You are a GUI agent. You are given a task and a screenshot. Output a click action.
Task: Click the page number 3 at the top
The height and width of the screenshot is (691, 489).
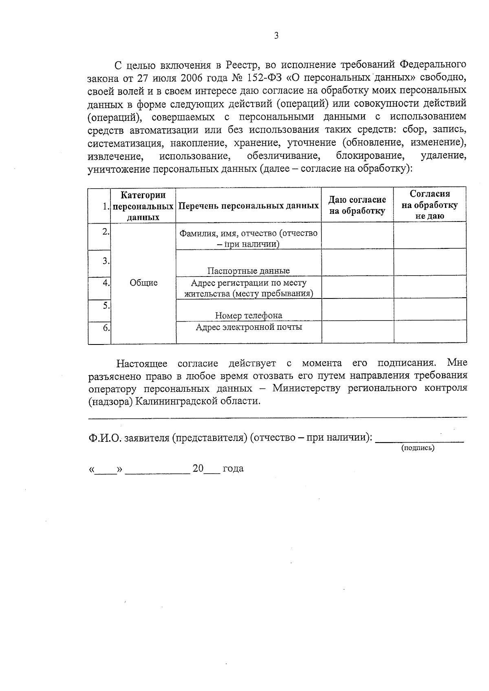click(x=276, y=36)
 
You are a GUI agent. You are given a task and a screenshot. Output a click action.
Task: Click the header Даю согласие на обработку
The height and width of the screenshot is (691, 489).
click(x=357, y=205)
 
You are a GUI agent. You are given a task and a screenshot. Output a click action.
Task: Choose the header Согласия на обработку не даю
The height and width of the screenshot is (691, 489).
click(x=430, y=205)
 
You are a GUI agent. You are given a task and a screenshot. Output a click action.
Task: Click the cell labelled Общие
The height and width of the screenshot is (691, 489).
click(x=143, y=283)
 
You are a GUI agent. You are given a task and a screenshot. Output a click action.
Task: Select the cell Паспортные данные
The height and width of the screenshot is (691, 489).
click(x=249, y=271)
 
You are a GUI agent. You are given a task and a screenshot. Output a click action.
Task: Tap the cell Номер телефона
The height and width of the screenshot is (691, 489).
click(x=249, y=316)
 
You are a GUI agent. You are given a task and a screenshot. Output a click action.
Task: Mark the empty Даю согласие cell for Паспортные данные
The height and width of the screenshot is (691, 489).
click(x=357, y=263)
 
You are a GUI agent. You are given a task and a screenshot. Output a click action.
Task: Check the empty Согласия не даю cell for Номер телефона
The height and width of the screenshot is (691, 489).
click(x=430, y=309)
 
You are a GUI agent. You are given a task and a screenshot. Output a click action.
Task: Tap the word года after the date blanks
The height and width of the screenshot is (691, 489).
click(x=233, y=469)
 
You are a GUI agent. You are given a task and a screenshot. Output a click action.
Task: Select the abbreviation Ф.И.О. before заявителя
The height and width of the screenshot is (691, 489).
click(x=105, y=438)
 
